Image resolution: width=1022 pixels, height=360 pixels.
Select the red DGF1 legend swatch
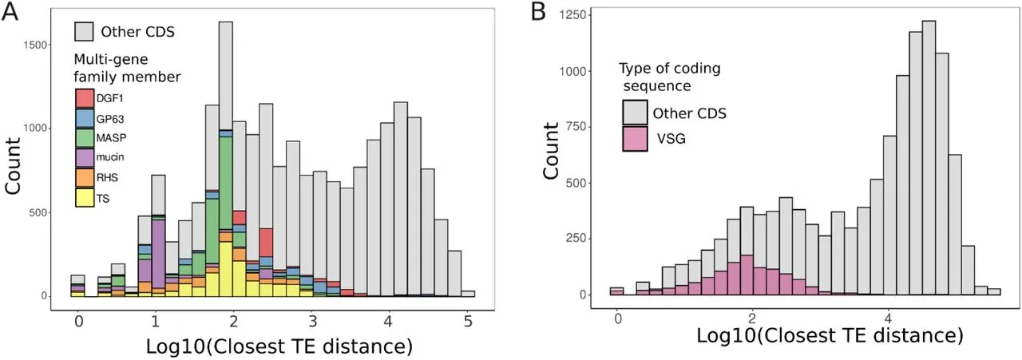coord(85,98)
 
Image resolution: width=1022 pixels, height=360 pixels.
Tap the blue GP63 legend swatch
coord(85,118)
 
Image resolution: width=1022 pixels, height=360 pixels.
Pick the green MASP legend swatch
coord(85,137)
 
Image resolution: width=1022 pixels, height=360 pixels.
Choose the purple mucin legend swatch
coord(85,157)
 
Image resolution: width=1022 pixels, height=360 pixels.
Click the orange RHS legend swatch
coord(85,177)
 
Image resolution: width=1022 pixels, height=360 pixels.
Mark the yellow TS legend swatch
coord(85,197)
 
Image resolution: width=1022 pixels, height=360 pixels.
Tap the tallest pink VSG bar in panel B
coord(747,275)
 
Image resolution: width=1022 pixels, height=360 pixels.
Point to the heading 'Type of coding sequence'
coord(669,77)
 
